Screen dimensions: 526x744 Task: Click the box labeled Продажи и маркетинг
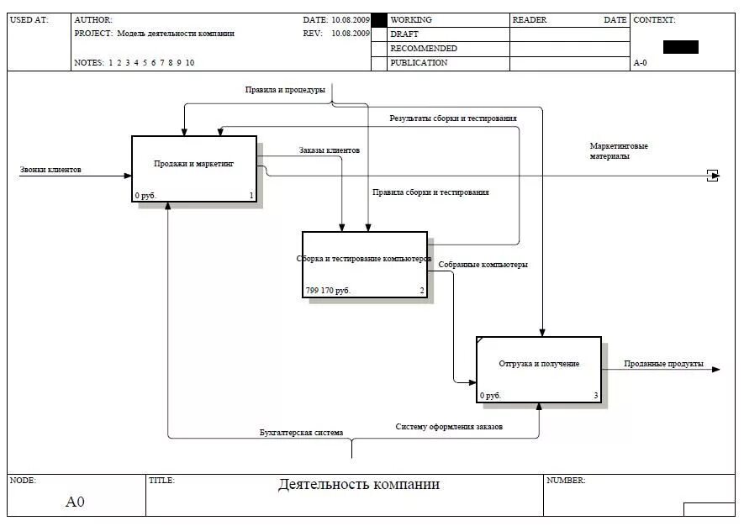tap(194, 168)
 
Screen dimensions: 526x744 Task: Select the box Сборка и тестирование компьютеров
tap(364, 264)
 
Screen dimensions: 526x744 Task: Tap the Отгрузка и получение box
tap(539, 369)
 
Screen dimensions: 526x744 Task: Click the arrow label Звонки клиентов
tap(50, 170)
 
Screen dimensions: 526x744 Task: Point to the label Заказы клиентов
tap(329, 150)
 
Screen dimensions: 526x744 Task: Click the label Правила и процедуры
tap(285, 90)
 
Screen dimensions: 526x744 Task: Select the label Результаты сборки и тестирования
tap(452, 118)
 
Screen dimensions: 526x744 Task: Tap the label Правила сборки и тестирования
tap(430, 192)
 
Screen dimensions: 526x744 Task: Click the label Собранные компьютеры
tap(483, 265)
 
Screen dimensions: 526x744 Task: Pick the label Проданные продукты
tap(663, 364)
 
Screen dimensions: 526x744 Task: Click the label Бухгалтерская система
tap(301, 433)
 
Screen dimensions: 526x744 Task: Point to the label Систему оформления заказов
tap(449, 427)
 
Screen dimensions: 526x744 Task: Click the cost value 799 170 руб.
tap(328, 291)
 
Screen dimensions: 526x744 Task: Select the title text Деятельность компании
tap(358, 485)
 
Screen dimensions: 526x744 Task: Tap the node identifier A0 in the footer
tap(76, 502)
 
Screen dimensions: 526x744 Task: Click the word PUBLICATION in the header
tap(419, 63)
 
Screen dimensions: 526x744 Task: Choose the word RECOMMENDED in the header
tap(424, 49)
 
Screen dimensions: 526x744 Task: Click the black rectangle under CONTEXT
tap(680, 47)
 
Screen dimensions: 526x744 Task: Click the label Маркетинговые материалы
tap(619, 151)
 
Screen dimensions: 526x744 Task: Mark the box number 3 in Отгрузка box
tap(596, 396)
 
